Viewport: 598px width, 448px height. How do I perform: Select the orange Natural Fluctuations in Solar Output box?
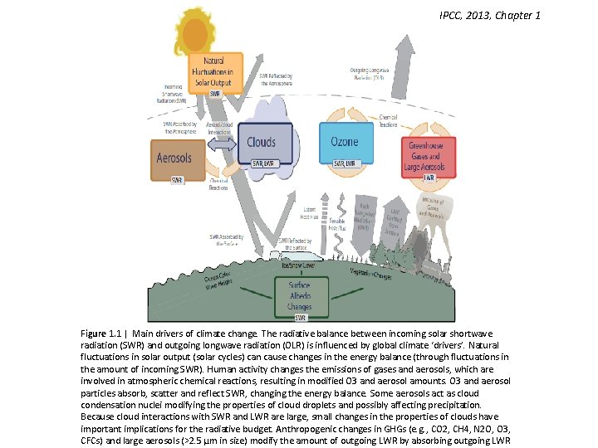[213, 72]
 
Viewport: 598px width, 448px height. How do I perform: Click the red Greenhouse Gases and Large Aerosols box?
[427, 155]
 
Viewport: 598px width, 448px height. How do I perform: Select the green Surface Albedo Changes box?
[300, 295]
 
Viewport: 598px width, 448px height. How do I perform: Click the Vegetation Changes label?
[371, 272]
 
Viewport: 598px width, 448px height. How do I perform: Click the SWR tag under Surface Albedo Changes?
[300, 317]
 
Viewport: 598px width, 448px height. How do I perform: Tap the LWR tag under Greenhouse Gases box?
[429, 178]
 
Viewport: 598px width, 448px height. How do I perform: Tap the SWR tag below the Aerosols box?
[177, 180]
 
